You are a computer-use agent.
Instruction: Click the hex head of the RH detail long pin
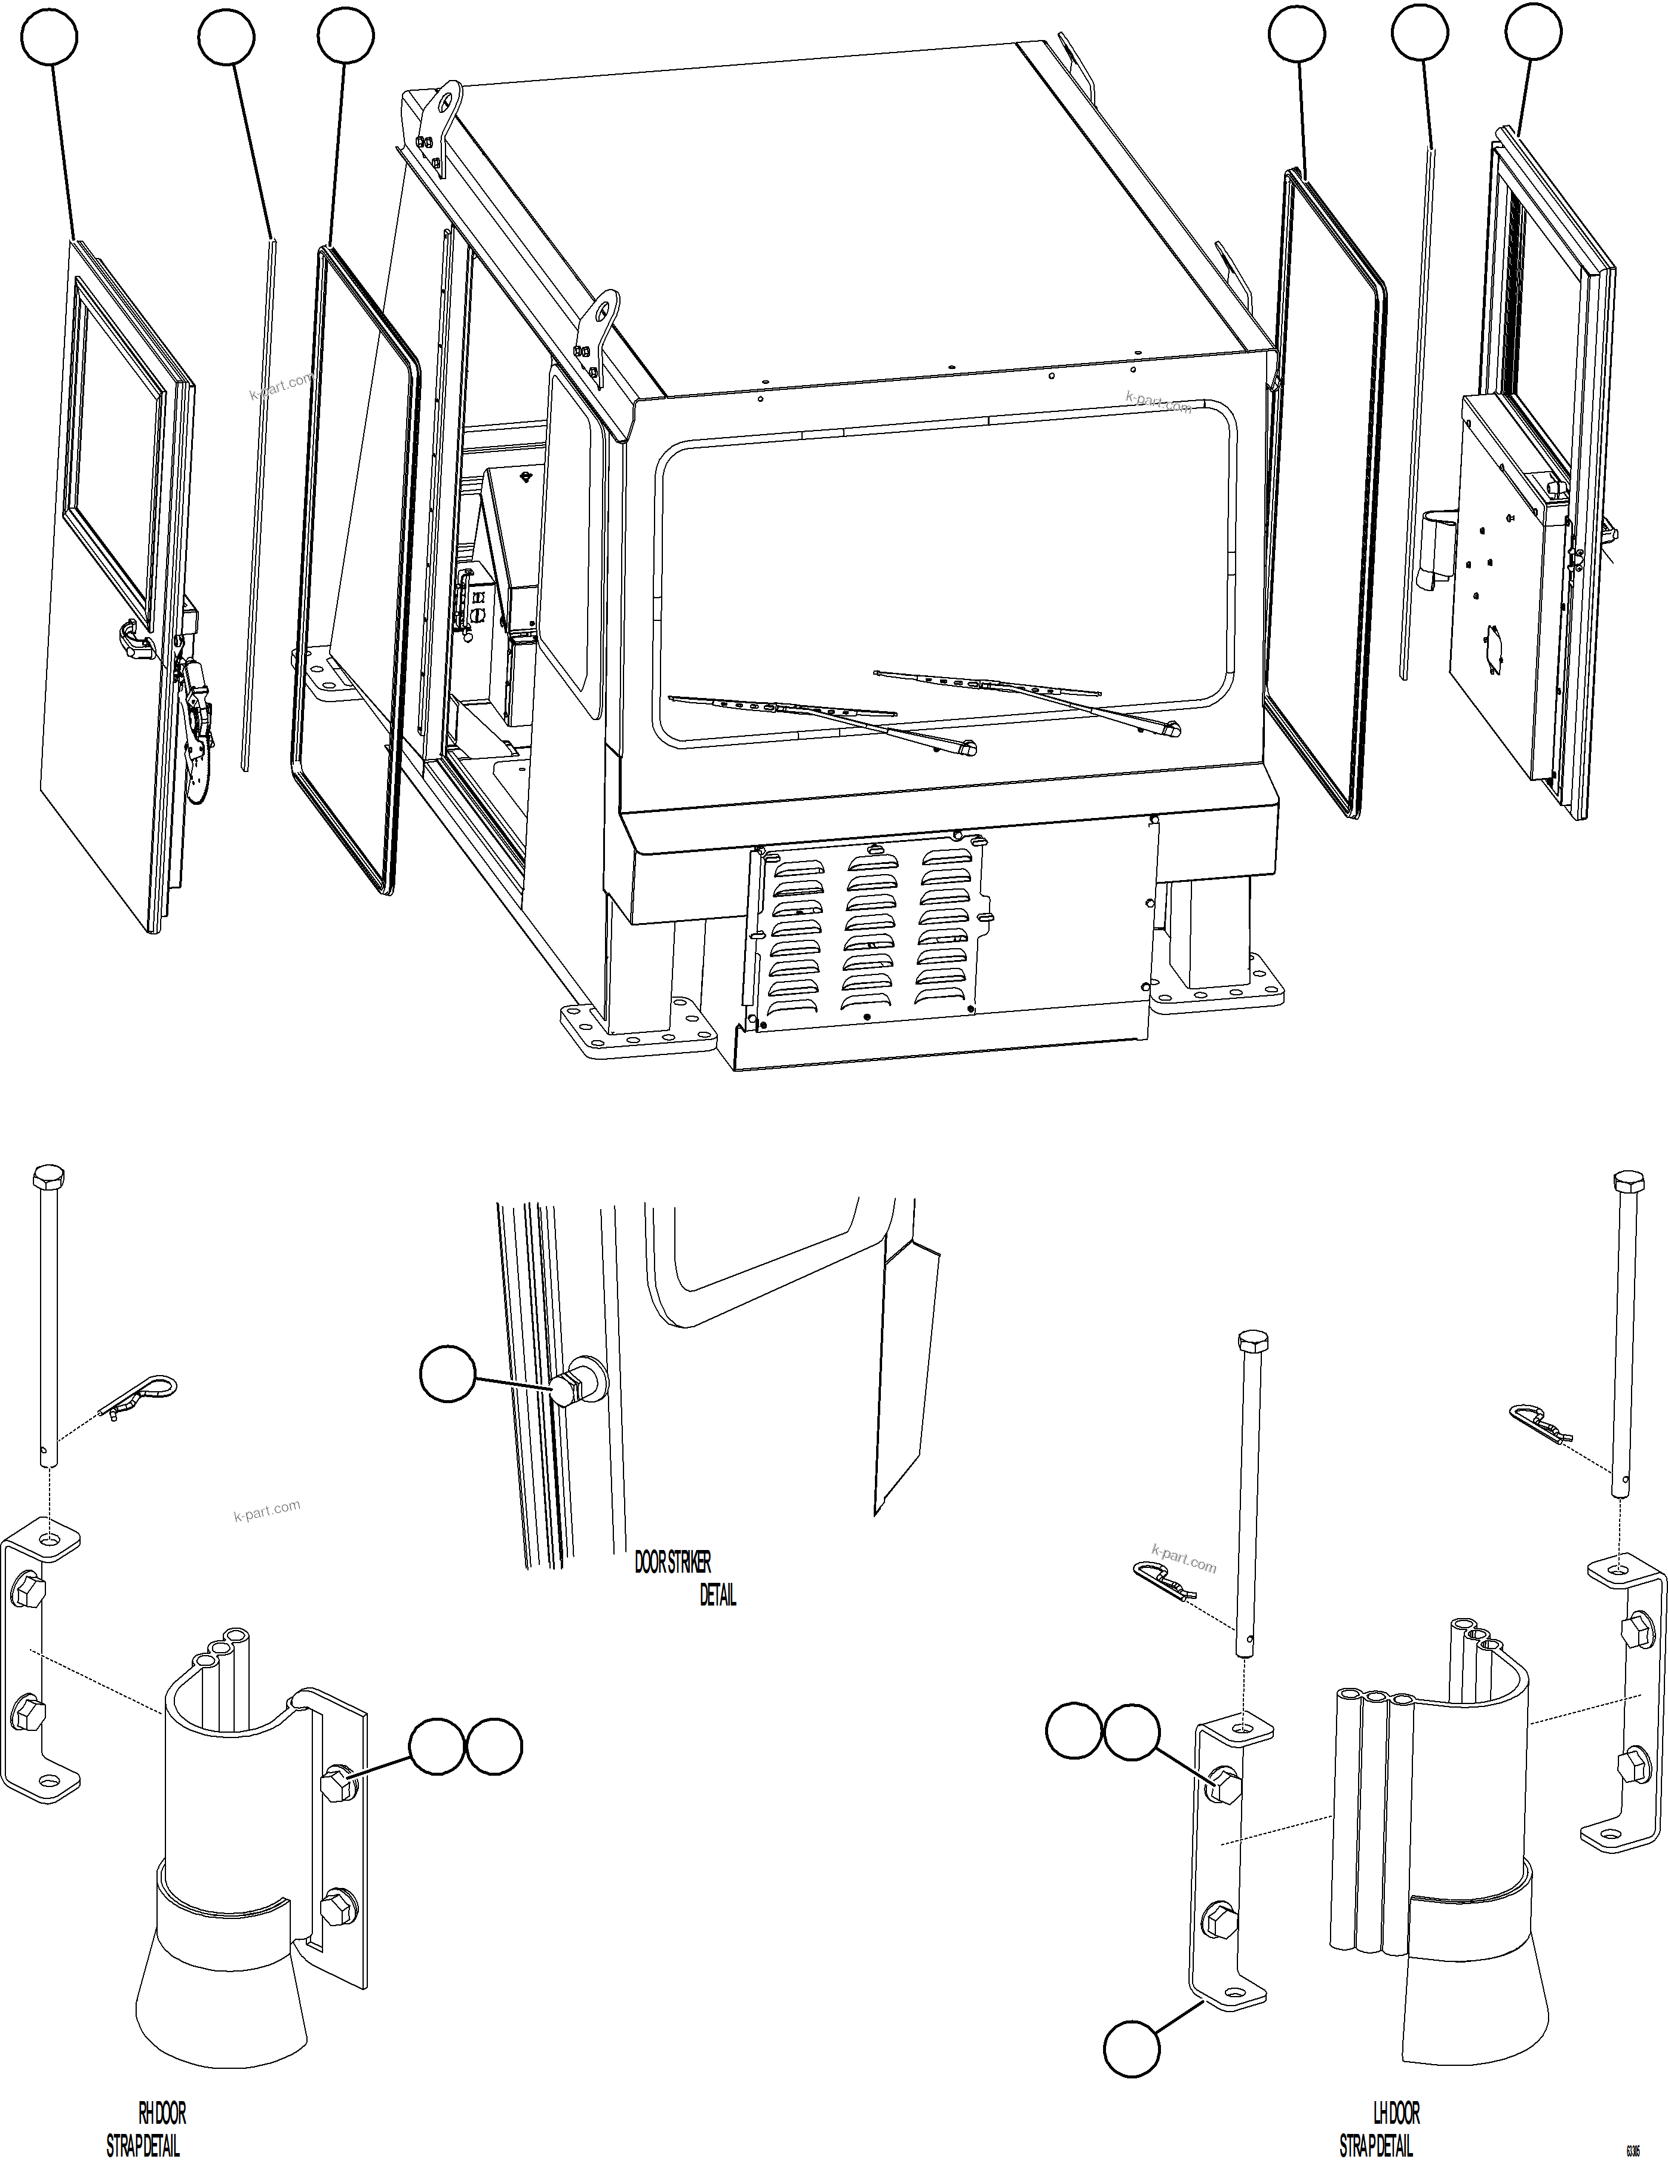(48, 1177)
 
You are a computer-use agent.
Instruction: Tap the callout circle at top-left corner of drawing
(51, 36)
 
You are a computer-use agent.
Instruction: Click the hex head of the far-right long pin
(1629, 1181)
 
